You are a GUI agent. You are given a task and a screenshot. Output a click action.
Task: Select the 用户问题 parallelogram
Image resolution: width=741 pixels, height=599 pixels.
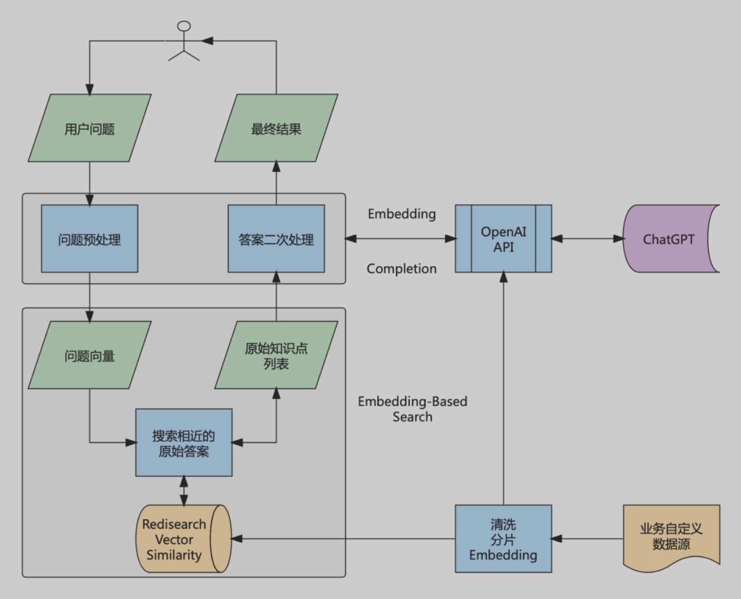tap(90, 128)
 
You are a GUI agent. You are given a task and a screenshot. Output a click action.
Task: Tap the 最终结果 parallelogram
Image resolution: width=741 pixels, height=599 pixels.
tap(276, 128)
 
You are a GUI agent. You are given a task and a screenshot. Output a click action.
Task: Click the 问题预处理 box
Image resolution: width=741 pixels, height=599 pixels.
tap(90, 239)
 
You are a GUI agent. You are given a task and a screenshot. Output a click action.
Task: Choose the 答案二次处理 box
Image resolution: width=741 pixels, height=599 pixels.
tap(276, 239)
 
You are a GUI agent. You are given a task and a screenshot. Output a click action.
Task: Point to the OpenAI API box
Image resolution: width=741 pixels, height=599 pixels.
tap(503, 239)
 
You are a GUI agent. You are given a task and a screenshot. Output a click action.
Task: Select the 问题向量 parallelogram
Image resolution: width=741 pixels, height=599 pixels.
tap(90, 355)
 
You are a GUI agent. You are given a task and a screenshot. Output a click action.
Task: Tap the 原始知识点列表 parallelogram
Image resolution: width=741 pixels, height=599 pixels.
tap(276, 355)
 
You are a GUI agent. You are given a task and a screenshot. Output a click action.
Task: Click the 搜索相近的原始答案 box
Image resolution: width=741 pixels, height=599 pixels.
tap(184, 442)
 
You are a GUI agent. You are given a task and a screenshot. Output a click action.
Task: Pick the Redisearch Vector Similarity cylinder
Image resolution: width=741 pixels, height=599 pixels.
tap(184, 539)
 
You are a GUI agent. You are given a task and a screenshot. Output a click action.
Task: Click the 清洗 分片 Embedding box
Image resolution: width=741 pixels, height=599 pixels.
tap(503, 539)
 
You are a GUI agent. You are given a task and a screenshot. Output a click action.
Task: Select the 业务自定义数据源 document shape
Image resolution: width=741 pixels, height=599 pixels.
tap(671, 537)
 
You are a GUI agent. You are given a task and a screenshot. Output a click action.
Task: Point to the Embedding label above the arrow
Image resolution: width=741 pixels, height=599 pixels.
tap(402, 214)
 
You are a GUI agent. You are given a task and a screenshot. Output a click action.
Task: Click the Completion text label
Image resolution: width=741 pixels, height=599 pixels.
tap(402, 269)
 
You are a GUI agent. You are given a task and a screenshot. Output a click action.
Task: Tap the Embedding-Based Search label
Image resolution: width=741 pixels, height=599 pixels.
tap(412, 409)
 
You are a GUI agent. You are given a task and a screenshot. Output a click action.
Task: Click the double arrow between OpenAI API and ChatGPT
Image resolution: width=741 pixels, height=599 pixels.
tap(588, 239)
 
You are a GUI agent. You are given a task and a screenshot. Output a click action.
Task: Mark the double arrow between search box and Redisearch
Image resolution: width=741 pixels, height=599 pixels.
tap(184, 491)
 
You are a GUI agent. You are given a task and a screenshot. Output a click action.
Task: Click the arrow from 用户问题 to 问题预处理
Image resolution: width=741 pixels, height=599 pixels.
tap(90, 183)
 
